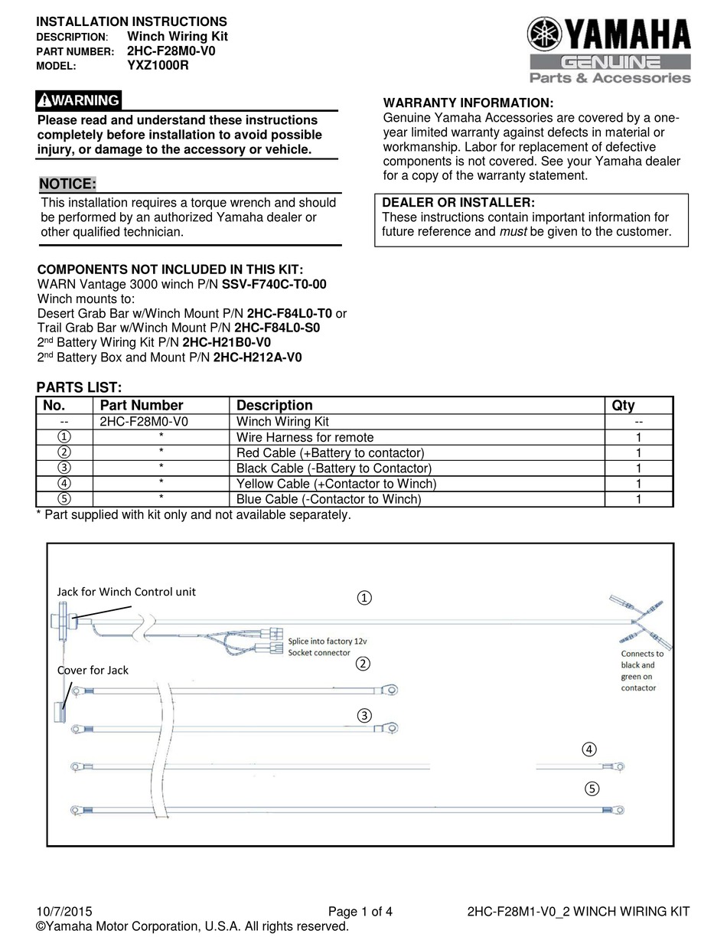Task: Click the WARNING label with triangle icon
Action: point(79,100)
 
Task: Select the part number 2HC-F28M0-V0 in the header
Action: point(171,51)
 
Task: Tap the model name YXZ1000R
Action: point(158,66)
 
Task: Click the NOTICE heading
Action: point(67,184)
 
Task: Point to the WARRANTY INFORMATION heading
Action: point(468,103)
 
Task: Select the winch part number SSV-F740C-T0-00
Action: point(274,284)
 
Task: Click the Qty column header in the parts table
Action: point(623,406)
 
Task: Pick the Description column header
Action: point(274,406)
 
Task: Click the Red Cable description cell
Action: point(330,453)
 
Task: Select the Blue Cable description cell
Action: point(328,500)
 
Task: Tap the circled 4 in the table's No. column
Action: point(65,484)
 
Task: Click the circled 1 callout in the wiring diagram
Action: point(365,598)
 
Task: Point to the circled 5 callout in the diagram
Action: point(592,789)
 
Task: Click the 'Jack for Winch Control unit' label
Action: point(126,592)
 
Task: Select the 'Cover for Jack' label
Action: point(93,670)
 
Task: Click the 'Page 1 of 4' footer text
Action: point(360,911)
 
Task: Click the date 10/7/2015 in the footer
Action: point(64,911)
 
